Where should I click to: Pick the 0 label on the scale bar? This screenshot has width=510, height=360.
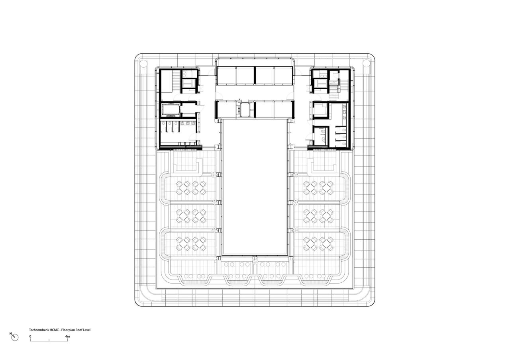(30, 337)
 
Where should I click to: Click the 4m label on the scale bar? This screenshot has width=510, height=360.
(67, 337)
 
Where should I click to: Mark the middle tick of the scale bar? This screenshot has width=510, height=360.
(49, 340)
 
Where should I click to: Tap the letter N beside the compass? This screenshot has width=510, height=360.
(11, 334)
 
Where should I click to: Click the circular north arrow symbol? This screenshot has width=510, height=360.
(15, 338)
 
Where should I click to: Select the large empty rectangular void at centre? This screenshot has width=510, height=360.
(255, 187)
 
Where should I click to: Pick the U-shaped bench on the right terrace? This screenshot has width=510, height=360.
(315, 166)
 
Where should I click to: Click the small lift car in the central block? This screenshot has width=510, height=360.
(244, 109)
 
